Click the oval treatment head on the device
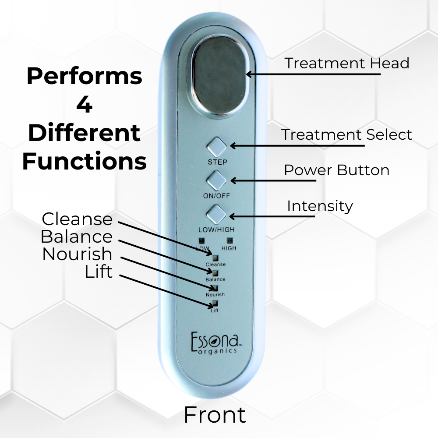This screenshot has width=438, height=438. click(x=219, y=74)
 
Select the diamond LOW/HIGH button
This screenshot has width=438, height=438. click(x=217, y=214)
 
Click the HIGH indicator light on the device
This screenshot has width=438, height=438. click(x=229, y=240)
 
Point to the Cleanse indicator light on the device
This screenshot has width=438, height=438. click(x=215, y=258)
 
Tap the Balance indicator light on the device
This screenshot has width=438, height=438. click(x=215, y=273)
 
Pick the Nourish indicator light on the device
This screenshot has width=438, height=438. click(x=215, y=288)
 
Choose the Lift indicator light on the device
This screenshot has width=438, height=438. click(x=215, y=304)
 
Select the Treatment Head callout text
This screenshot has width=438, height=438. click(x=347, y=63)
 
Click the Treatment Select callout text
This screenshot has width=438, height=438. click(x=346, y=134)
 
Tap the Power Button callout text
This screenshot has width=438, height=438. click(x=336, y=170)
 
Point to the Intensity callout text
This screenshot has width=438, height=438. click(x=320, y=205)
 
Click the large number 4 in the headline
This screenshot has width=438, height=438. click(x=84, y=104)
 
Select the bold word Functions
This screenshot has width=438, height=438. click(x=84, y=162)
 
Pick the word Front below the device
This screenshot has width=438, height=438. click(x=215, y=414)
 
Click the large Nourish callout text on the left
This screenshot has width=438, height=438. click(x=77, y=254)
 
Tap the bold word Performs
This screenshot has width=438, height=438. click(x=84, y=76)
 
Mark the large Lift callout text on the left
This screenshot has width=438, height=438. click(x=99, y=272)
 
